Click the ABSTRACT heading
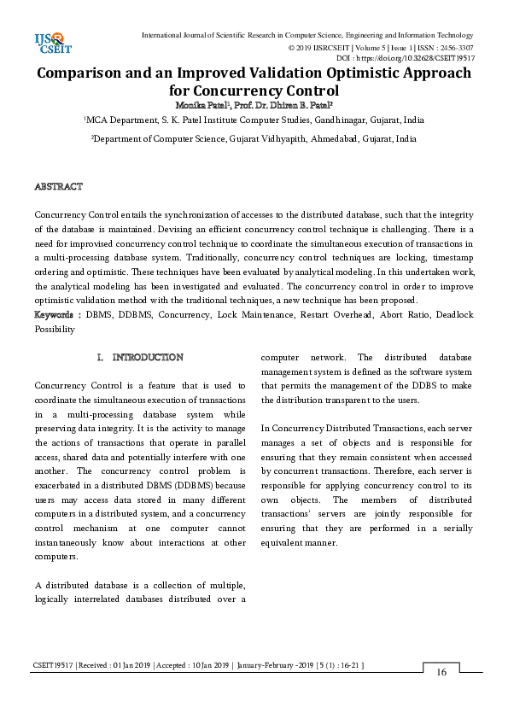tap(58, 186)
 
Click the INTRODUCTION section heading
tap(147, 357)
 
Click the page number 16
tap(441, 672)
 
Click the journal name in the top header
tap(306, 34)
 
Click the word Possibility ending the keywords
tap(55, 328)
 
